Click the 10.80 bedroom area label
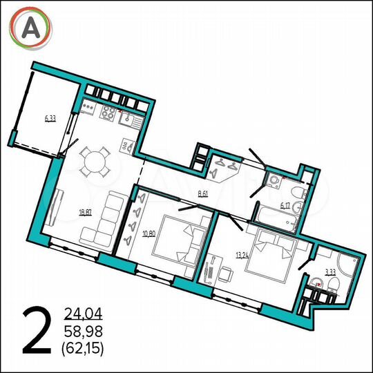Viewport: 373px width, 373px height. (149, 233)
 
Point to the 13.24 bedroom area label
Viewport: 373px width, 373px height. (242, 254)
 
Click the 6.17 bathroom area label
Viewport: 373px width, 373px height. (285, 205)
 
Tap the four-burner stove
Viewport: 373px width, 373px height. (110, 113)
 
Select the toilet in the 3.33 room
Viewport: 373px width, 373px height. (318, 282)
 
